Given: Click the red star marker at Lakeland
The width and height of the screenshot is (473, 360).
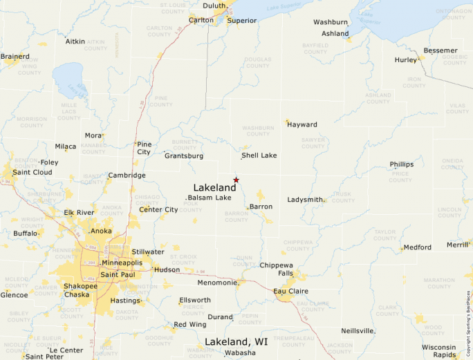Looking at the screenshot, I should click(x=236, y=180).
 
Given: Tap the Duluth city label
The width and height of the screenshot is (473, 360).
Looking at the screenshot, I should click(x=215, y=6).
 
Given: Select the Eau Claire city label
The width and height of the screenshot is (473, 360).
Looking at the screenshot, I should click(x=290, y=292).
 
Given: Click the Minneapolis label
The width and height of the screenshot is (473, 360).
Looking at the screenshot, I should click(x=122, y=263).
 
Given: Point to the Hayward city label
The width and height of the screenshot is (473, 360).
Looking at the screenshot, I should click(x=302, y=125).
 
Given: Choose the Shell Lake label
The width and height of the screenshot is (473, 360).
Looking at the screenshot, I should click(x=259, y=155).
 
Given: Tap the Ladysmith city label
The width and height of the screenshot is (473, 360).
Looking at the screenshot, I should click(x=305, y=200).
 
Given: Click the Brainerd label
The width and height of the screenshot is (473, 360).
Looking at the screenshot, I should click(x=15, y=56).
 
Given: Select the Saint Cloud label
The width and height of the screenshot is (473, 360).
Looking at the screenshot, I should click(x=33, y=172).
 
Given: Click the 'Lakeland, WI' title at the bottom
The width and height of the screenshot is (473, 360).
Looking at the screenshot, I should click(x=236, y=342).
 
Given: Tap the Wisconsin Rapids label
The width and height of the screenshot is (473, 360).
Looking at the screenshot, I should click(x=439, y=351).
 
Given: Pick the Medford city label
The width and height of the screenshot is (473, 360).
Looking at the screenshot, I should click(x=418, y=247).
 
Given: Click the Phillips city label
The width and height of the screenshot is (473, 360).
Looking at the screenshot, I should click(x=402, y=164).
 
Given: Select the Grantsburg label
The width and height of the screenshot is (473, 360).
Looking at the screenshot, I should click(x=184, y=156).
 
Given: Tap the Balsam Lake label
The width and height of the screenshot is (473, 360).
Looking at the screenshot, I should click(x=210, y=198).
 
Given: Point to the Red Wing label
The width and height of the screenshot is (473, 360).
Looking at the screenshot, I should click(x=189, y=324).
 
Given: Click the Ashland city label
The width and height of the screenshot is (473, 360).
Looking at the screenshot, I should click(x=335, y=33).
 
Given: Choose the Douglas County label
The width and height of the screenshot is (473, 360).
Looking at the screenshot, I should click(x=257, y=64).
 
